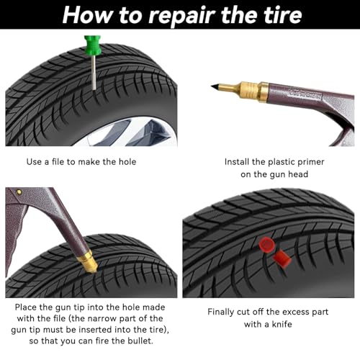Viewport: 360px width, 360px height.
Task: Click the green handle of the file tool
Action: [x=92, y=45]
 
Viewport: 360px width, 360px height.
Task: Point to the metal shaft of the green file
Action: [x=94, y=73]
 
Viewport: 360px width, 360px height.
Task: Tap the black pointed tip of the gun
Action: [x=216, y=86]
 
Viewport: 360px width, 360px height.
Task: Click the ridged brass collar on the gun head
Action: [x=249, y=90]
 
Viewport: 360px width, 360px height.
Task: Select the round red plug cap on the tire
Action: [x=266, y=244]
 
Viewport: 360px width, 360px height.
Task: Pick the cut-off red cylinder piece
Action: [x=282, y=259]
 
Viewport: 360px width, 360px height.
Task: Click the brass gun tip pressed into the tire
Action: [x=88, y=262]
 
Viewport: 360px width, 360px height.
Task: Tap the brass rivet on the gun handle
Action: [x=19, y=192]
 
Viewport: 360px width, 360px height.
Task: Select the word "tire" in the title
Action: [x=283, y=15]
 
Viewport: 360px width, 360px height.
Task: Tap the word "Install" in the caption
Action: [x=237, y=162]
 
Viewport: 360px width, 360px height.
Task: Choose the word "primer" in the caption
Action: [x=311, y=162]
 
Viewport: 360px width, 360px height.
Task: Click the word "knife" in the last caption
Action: [x=282, y=324]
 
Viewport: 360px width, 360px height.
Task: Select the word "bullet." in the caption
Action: [x=140, y=341]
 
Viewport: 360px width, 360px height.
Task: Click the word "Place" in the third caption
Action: [x=26, y=307]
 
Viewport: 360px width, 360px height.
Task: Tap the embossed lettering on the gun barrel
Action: [x=305, y=94]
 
